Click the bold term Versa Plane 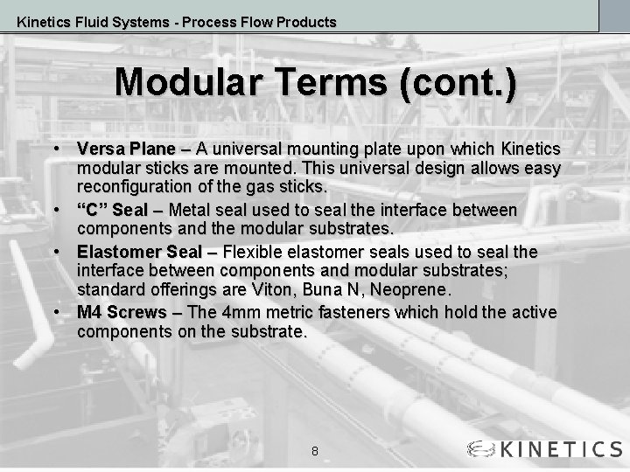(x=125, y=149)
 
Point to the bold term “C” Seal (x=112, y=211)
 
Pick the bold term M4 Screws (x=122, y=313)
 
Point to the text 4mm (x=238, y=313)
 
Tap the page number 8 (x=315, y=451)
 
